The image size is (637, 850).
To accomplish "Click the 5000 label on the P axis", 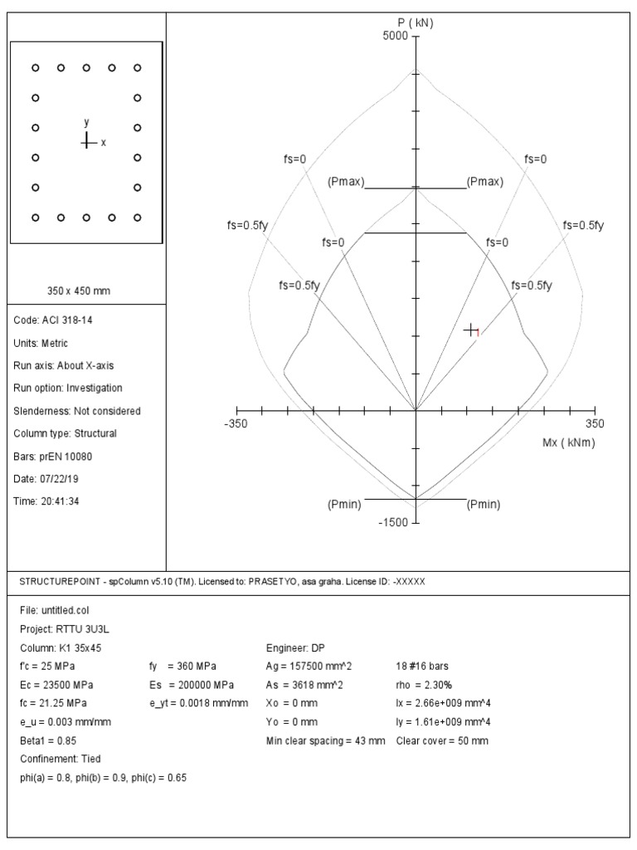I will (x=395, y=37).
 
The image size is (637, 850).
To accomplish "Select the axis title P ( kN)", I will (x=416, y=22).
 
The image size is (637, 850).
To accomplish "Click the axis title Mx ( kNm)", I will (x=568, y=442).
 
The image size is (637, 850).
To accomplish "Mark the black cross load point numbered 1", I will (x=471, y=330).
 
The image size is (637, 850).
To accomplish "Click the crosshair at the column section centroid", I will (x=86, y=142).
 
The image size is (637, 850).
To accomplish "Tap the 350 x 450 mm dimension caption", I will (x=79, y=291).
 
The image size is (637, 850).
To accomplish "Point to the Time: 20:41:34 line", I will (x=47, y=501).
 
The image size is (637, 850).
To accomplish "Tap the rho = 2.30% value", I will (x=424, y=685).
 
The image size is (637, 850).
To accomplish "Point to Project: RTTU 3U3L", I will (x=61, y=628).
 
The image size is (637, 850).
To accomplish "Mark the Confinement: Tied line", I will (x=59, y=759).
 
